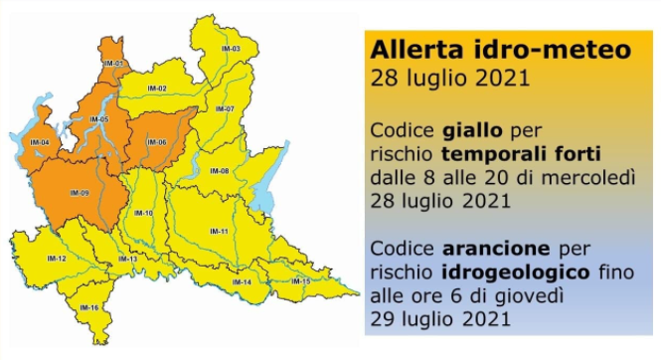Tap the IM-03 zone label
(x=231, y=48)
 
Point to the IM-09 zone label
(x=80, y=192)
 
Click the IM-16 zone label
(x=87, y=308)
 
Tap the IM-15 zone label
(x=300, y=282)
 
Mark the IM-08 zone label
(x=220, y=171)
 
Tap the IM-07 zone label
(x=226, y=108)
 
